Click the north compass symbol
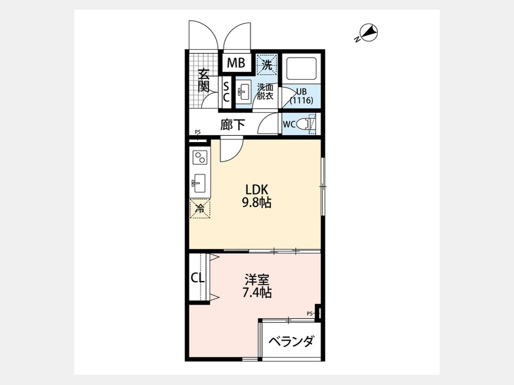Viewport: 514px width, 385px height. point(368,33)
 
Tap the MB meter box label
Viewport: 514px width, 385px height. point(236,63)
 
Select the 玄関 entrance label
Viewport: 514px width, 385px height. point(203,80)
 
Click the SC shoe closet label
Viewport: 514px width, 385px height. point(226,92)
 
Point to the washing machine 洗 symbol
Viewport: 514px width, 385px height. point(267,65)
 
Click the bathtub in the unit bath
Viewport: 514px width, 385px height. point(301,70)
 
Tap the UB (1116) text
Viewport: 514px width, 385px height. point(301,96)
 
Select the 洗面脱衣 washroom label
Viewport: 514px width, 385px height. point(265,92)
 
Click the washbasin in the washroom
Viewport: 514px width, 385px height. point(243,92)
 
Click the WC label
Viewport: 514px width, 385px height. point(289,125)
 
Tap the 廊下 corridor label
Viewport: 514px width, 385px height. point(232,124)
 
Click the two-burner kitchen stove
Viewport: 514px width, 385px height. point(200,157)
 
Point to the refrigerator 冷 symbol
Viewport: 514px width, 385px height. point(200,208)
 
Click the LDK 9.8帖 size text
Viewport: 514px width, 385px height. point(257,196)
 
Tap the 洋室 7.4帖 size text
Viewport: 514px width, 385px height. point(257,286)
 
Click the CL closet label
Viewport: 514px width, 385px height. point(198,278)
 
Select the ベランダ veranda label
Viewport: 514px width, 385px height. point(291,342)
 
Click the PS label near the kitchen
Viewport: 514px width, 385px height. point(198,132)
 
